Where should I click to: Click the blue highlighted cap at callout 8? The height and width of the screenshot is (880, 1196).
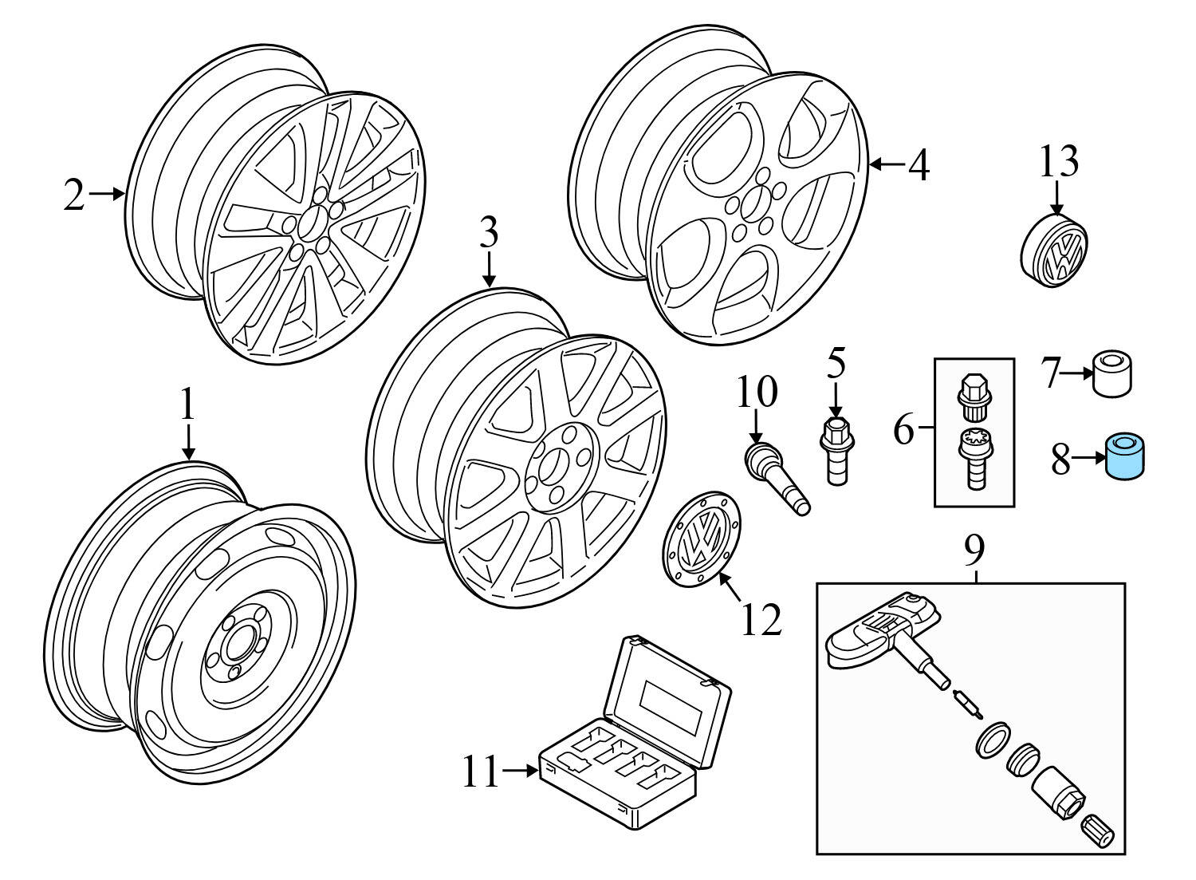(1124, 456)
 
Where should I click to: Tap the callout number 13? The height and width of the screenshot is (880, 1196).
(1058, 162)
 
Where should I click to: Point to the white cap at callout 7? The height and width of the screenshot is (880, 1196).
(1112, 373)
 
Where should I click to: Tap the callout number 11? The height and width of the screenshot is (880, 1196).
(481, 771)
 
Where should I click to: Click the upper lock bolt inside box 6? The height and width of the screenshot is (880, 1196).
(974, 396)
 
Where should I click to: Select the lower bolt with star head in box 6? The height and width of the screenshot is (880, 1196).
(974, 457)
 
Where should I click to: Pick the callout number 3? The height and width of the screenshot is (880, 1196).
(488, 235)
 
